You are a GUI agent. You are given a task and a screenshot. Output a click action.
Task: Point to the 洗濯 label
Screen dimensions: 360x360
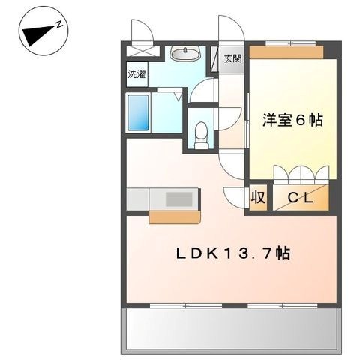coord(136,75)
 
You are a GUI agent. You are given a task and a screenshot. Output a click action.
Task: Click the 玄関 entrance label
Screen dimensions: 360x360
coord(232,59)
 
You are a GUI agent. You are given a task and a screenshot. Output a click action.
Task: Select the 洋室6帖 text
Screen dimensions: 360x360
coord(292,120)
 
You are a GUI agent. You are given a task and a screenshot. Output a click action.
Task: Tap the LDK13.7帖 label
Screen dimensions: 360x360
coord(233,253)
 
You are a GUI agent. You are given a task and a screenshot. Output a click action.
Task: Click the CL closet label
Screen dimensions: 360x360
coord(301,198)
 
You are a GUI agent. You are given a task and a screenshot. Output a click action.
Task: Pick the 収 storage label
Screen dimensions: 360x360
coord(258,198)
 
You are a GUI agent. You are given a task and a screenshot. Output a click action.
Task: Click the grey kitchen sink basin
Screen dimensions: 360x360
coord(178,199)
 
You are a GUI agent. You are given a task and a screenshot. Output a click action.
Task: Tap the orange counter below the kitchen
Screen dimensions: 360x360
coord(175,217)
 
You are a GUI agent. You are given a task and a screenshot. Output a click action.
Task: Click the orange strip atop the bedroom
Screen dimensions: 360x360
coord(286,52)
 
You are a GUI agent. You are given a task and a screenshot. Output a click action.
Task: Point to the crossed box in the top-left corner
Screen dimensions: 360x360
coord(142,52)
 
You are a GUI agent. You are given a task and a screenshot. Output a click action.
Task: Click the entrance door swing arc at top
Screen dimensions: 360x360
coord(228,30)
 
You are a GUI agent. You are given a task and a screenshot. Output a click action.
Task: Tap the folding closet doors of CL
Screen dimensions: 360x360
coord(301,174)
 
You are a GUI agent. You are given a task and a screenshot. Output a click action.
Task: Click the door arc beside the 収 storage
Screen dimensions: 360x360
coord(234,196)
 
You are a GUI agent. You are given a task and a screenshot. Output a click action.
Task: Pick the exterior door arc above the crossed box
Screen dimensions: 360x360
coord(141,32)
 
